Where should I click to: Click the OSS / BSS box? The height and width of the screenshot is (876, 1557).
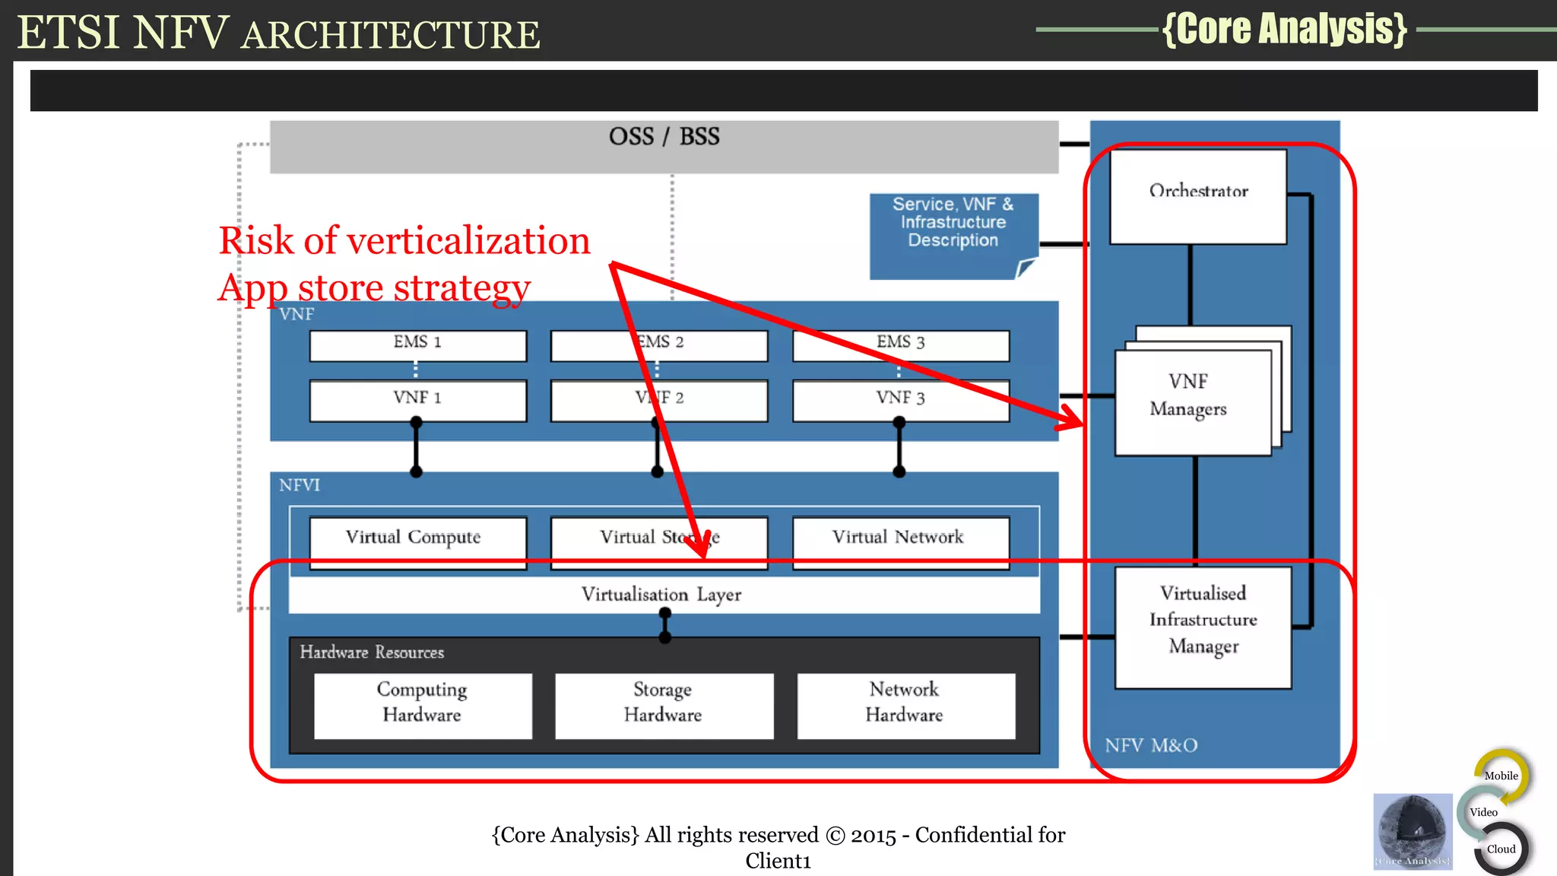pos(664,146)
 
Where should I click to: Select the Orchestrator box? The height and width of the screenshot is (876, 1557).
pos(1198,196)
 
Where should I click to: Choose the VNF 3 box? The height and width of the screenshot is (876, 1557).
pos(900,400)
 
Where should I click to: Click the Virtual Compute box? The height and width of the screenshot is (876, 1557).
pos(417,541)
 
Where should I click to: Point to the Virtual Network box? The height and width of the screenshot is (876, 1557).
pos(900,541)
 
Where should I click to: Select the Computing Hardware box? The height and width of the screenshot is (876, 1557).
pos(423,704)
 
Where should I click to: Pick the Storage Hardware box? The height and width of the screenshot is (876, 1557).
pos(664,704)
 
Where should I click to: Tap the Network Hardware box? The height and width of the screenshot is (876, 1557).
pos(905,704)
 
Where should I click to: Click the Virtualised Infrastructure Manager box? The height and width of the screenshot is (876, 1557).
pos(1203,627)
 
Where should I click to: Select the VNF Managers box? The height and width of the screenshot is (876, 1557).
pos(1191,401)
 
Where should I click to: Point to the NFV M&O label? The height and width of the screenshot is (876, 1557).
pos(1151,745)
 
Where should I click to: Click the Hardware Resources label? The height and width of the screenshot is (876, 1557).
pos(372,652)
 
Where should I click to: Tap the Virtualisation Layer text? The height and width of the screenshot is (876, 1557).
pos(661,595)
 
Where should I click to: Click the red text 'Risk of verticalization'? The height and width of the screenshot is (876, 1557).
pos(404,241)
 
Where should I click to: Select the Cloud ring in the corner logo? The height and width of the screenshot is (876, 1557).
pos(1502,849)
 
